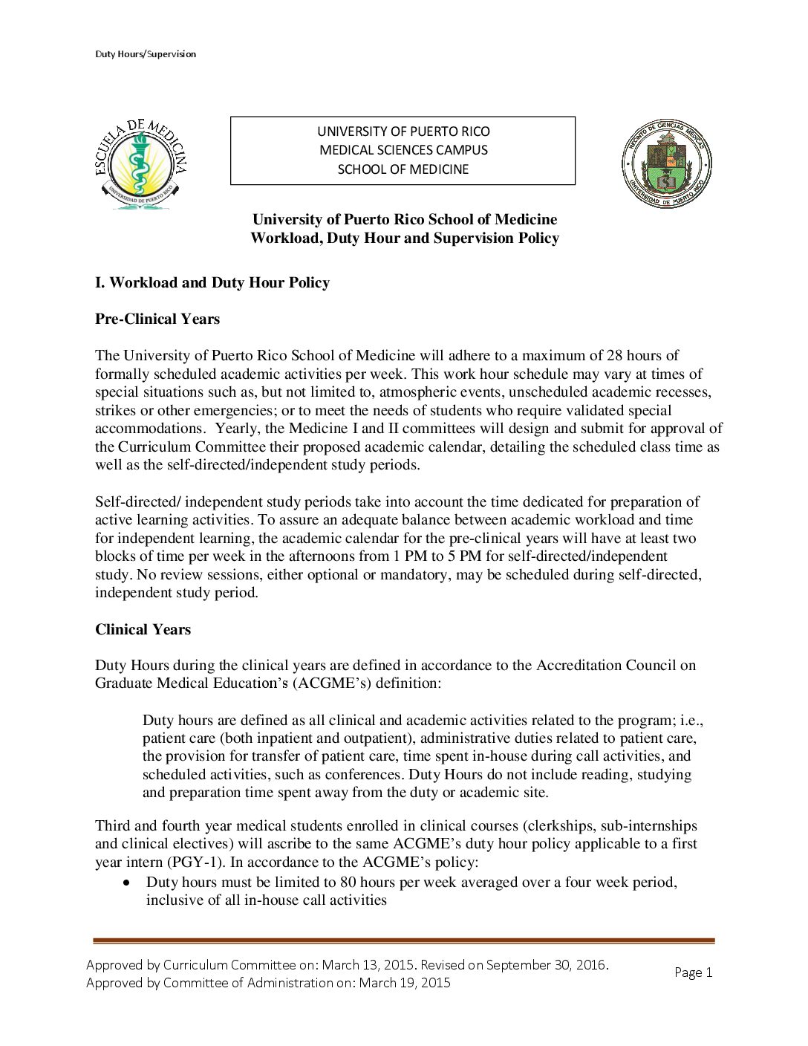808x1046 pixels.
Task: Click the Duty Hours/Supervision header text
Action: click(x=146, y=54)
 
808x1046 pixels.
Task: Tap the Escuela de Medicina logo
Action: click(x=141, y=164)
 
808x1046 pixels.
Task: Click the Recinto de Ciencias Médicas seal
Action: click(x=666, y=163)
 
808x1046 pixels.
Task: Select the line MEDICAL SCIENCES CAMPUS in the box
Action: click(x=403, y=150)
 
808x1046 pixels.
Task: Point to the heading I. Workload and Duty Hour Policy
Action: click(x=212, y=283)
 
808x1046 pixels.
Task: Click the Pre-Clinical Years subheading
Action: click(x=157, y=319)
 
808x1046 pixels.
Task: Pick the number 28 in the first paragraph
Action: click(x=615, y=356)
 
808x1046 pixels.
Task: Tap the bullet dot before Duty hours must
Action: click(x=128, y=883)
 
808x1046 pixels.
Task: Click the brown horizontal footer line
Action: click(x=403, y=941)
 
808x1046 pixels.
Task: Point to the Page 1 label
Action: click(x=693, y=972)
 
